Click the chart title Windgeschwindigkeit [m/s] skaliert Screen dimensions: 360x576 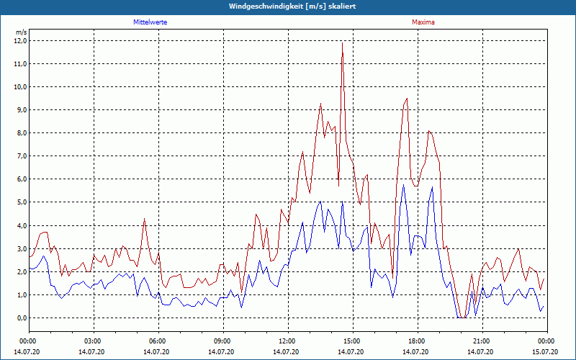(288, 6)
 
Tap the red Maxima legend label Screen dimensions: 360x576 (423, 22)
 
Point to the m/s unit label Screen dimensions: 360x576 (21, 32)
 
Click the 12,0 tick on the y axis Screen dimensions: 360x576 (20, 41)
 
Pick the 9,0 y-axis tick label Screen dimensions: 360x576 (20, 110)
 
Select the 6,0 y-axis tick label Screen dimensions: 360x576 (20, 179)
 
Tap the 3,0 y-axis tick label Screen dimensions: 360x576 (20, 248)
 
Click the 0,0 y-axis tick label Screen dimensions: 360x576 (20, 318)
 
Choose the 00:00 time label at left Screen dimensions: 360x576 (28, 341)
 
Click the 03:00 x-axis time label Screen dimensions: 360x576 (93, 341)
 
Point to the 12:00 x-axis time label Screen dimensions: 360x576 (287, 341)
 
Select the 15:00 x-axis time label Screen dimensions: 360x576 (352, 341)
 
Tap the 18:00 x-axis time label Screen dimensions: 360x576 (417, 341)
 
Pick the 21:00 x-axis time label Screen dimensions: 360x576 (482, 341)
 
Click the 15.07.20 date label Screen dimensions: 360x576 (546, 351)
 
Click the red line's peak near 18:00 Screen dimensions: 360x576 (407, 99)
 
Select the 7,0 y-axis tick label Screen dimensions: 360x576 (20, 156)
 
